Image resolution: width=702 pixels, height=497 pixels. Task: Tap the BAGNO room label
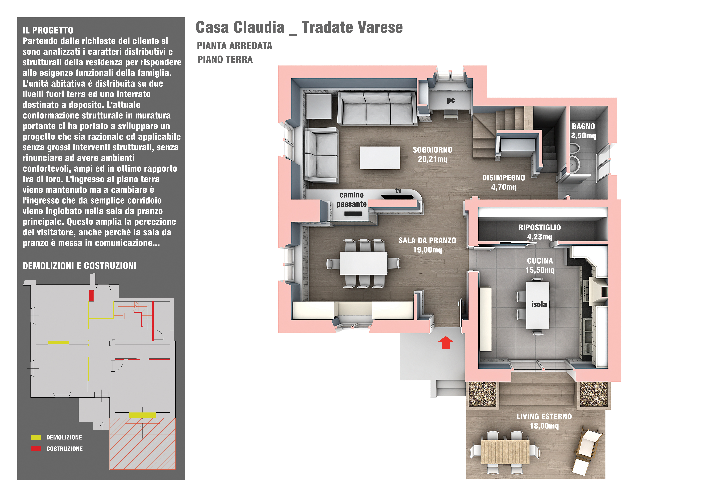point(583,126)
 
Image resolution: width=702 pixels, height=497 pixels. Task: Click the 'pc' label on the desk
point(451,100)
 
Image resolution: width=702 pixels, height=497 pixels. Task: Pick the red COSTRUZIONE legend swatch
point(36,449)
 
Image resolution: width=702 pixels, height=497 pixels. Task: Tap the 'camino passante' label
point(352,200)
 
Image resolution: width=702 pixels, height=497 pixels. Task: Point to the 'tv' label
point(398,191)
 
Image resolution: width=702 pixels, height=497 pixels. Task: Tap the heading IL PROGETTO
point(48,30)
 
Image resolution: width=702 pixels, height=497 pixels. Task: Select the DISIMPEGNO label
point(504,178)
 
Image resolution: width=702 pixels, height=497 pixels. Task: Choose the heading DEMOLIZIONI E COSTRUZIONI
point(79,266)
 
